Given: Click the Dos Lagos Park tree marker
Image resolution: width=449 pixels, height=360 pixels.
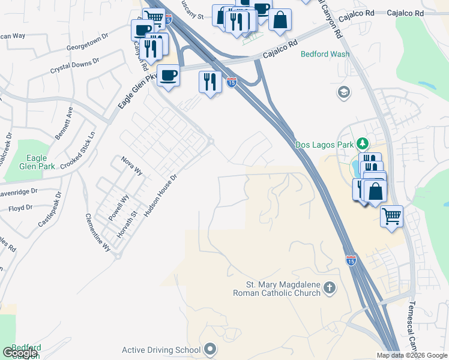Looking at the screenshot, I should [362, 144].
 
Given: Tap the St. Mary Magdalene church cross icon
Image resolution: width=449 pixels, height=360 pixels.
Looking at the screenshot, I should [329, 287].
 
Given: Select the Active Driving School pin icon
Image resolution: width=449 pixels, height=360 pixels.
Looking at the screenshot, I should [209, 349].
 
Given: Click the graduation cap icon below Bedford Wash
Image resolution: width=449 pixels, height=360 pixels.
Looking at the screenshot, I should [344, 92].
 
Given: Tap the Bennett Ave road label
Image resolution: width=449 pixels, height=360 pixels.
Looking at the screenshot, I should [64, 123].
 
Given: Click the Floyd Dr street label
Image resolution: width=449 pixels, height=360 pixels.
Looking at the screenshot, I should [20, 208].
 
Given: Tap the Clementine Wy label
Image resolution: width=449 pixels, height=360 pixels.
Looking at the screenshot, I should [98, 232].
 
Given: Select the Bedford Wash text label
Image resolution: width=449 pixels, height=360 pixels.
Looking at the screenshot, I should [325, 54].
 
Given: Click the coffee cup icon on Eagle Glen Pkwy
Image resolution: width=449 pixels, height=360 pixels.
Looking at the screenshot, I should [168, 76].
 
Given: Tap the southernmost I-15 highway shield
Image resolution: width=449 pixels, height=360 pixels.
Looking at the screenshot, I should [351, 260].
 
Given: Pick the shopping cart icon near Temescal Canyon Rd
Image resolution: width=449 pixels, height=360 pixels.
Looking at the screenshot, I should [391, 215].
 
